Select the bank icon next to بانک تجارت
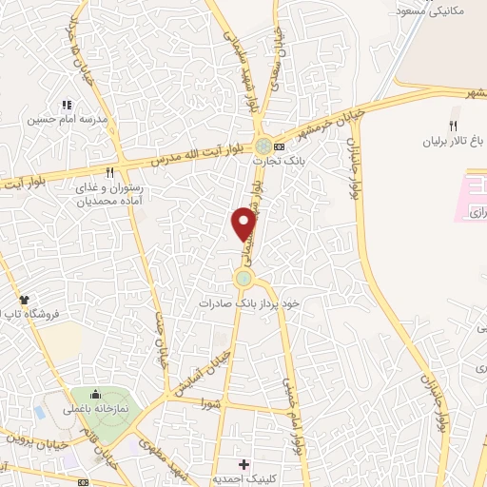click(x=279, y=146)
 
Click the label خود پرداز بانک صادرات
click(x=249, y=303)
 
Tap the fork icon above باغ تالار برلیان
click(x=454, y=126)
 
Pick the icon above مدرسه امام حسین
click(x=67, y=105)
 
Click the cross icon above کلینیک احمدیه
click(x=244, y=465)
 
